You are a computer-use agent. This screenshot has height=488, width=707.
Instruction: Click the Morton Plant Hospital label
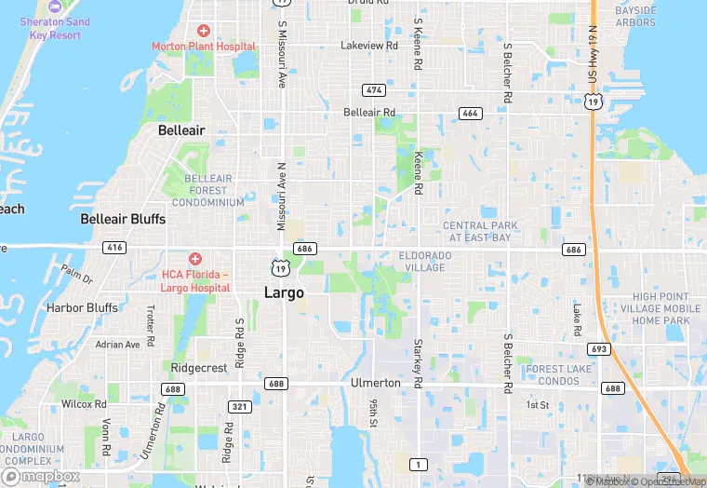(204, 46)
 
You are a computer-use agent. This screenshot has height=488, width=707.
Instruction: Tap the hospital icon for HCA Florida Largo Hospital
(195, 258)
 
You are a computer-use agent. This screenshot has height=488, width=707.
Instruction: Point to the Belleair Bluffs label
(123, 220)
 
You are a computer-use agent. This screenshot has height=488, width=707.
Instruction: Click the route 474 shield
(374, 89)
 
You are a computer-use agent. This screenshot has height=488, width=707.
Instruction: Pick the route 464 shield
(470, 113)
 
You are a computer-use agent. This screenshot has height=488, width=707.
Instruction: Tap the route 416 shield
(115, 248)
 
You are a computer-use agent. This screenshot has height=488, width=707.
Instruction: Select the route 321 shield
(240, 407)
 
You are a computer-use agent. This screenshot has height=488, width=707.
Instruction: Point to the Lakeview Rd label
(369, 45)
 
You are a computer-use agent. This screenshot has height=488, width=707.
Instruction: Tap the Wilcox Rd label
(84, 404)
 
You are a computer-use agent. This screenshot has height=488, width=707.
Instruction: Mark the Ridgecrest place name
(199, 368)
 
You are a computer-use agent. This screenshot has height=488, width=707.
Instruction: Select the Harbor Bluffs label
(82, 308)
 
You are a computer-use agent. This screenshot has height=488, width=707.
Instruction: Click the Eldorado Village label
(425, 261)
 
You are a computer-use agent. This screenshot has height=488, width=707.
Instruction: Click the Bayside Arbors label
(635, 17)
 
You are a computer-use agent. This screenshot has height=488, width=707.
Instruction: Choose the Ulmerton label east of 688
(375, 383)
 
